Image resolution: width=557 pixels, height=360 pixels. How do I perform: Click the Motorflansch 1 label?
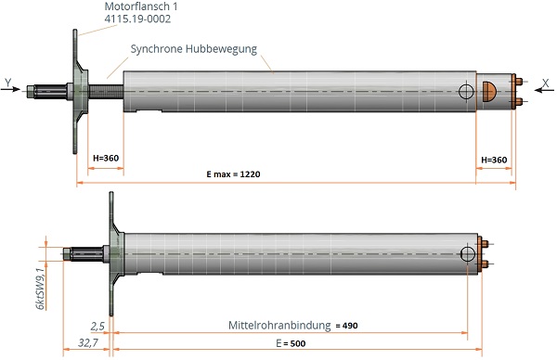(141, 6)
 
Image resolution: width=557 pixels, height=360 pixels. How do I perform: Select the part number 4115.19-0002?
(137, 19)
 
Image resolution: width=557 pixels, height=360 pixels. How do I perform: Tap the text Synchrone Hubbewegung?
(194, 49)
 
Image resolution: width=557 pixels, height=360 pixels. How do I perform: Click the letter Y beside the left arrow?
(8, 84)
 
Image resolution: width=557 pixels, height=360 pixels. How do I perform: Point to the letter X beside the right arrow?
(546, 84)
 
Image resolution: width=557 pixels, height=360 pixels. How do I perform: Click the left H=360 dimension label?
(106, 158)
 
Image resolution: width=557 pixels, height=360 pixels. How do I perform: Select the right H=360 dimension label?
(494, 161)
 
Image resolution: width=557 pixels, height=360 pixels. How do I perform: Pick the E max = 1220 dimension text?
(233, 174)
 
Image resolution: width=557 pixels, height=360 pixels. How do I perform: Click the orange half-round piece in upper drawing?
(489, 92)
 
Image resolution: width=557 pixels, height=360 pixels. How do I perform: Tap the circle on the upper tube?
(466, 92)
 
